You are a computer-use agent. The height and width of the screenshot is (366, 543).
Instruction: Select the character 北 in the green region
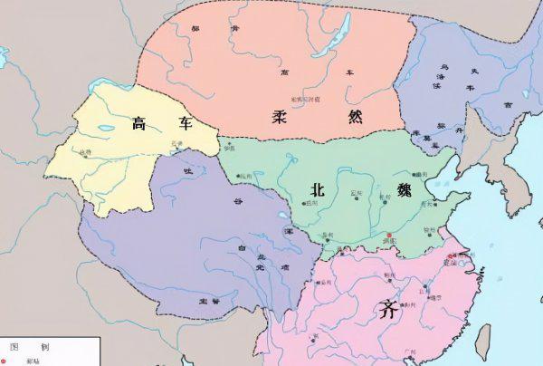pos(317,190)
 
